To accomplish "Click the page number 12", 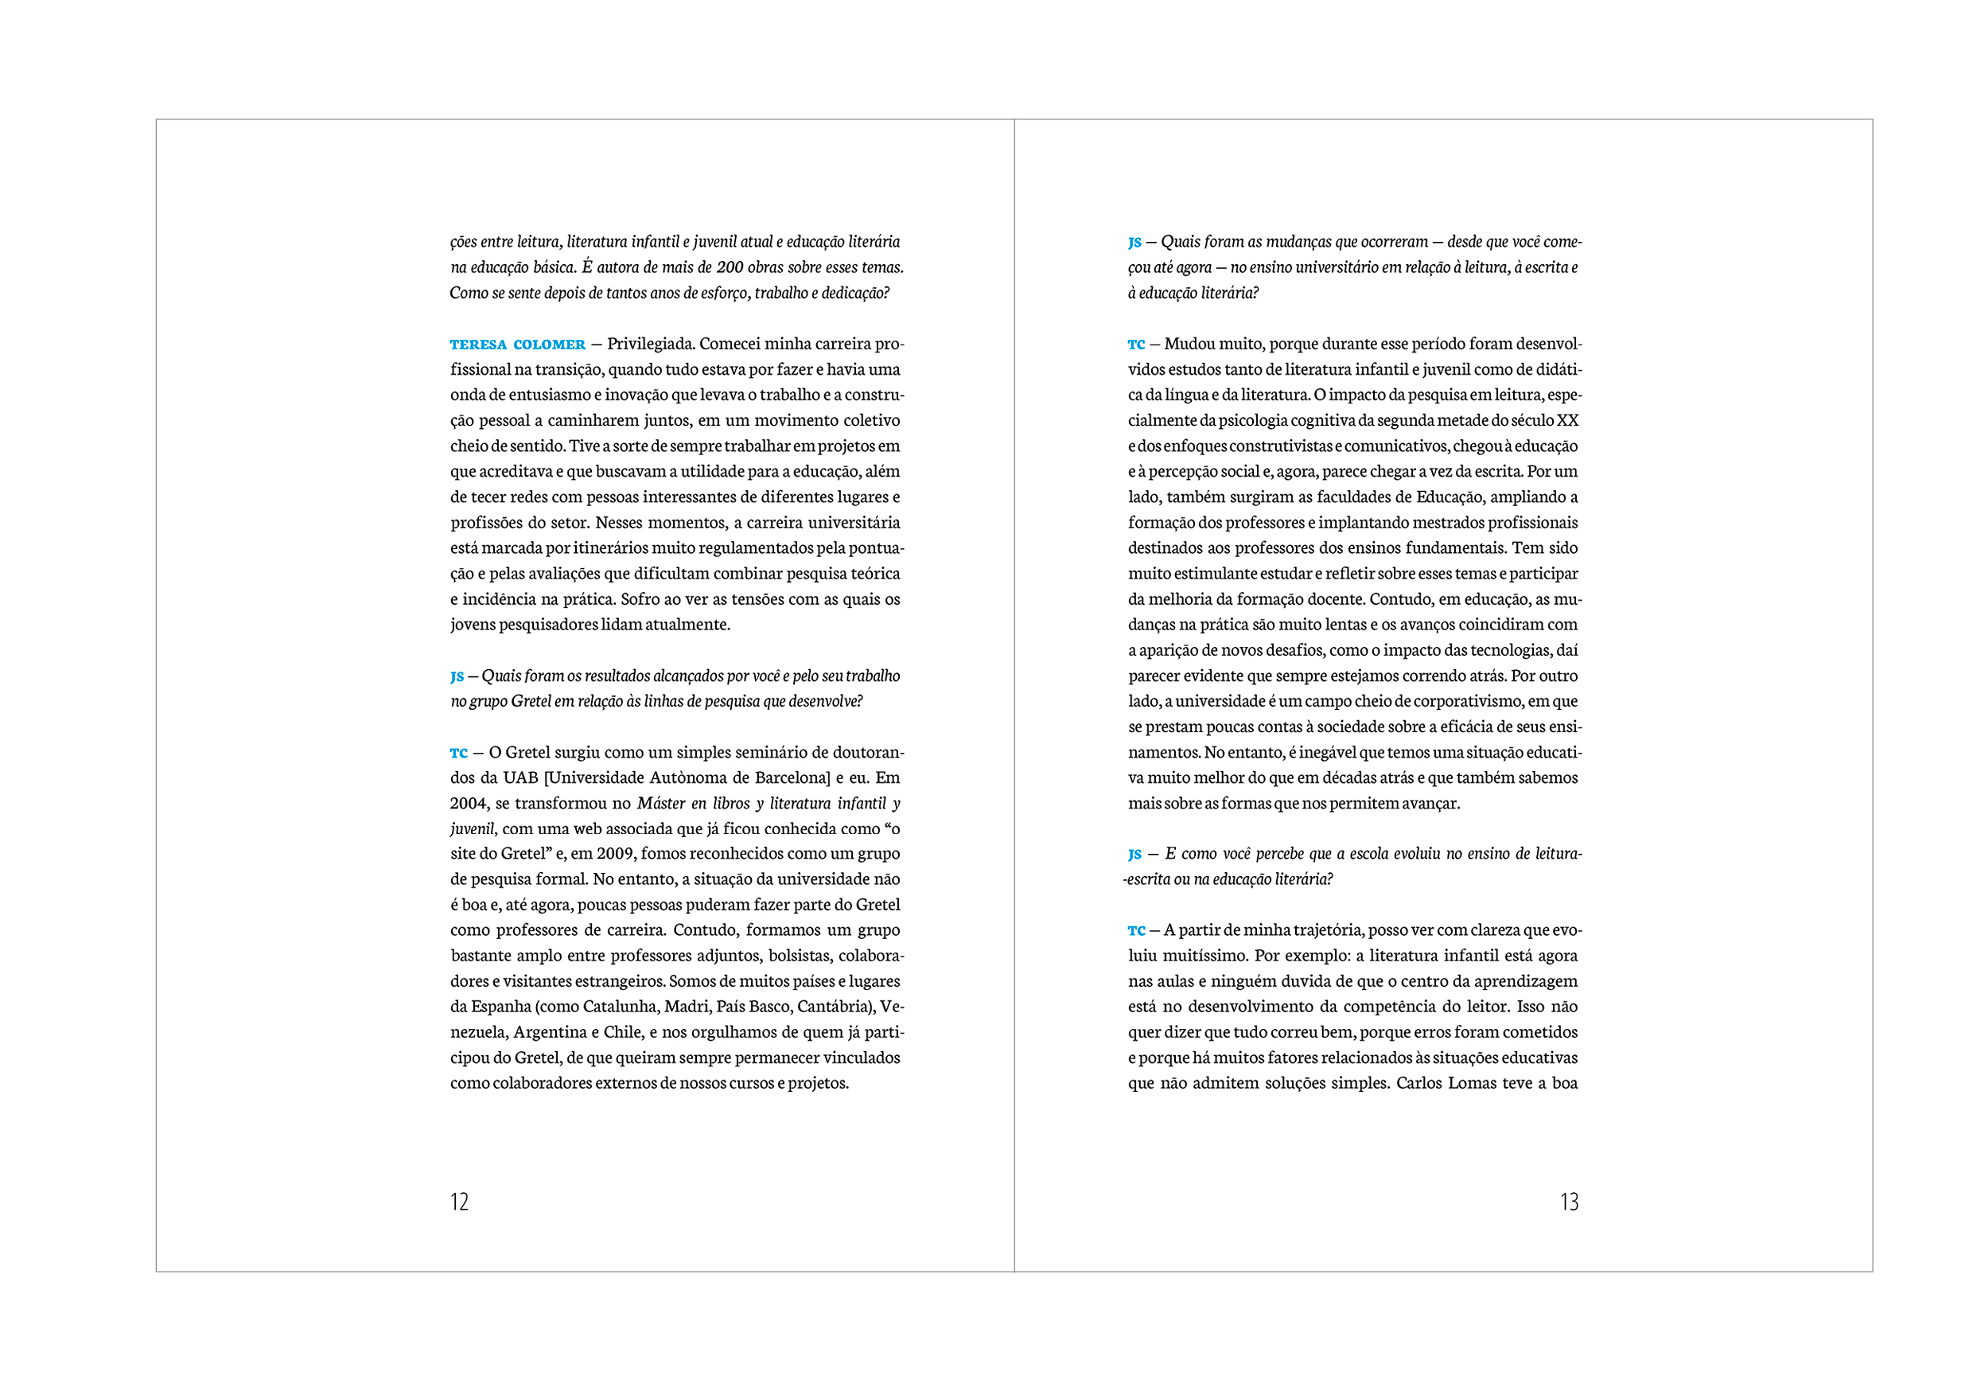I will click(x=459, y=1202).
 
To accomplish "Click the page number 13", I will click(x=1569, y=1202).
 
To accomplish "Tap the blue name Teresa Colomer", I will click(x=517, y=345).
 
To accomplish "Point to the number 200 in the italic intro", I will click(x=730, y=267).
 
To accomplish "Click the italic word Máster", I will click(x=661, y=804).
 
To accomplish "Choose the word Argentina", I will click(x=550, y=1032).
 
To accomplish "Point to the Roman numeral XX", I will click(x=1567, y=420).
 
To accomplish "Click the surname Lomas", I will click(x=1473, y=1083).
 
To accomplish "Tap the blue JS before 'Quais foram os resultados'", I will click(x=457, y=676).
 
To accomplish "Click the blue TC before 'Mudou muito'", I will click(x=1136, y=345).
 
